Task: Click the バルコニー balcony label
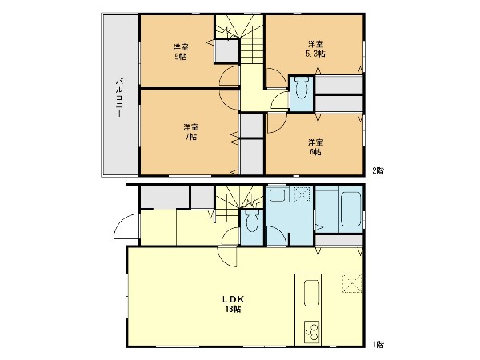[120, 98]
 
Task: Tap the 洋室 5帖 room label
[181, 52]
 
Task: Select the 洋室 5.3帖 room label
[316, 49]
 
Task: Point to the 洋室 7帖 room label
[190, 132]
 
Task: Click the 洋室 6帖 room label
[315, 147]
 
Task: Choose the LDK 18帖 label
[233, 304]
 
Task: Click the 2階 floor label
[378, 170]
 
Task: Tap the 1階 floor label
[378, 344]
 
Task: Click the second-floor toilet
[302, 87]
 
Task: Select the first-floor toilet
[252, 222]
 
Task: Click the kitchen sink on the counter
[312, 294]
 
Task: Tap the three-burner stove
[312, 331]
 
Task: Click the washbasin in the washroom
[277, 195]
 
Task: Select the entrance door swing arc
[126, 226]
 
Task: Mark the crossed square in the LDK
[352, 283]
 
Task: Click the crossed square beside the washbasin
[302, 194]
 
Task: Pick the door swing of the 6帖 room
[277, 122]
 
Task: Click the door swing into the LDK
[227, 257]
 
